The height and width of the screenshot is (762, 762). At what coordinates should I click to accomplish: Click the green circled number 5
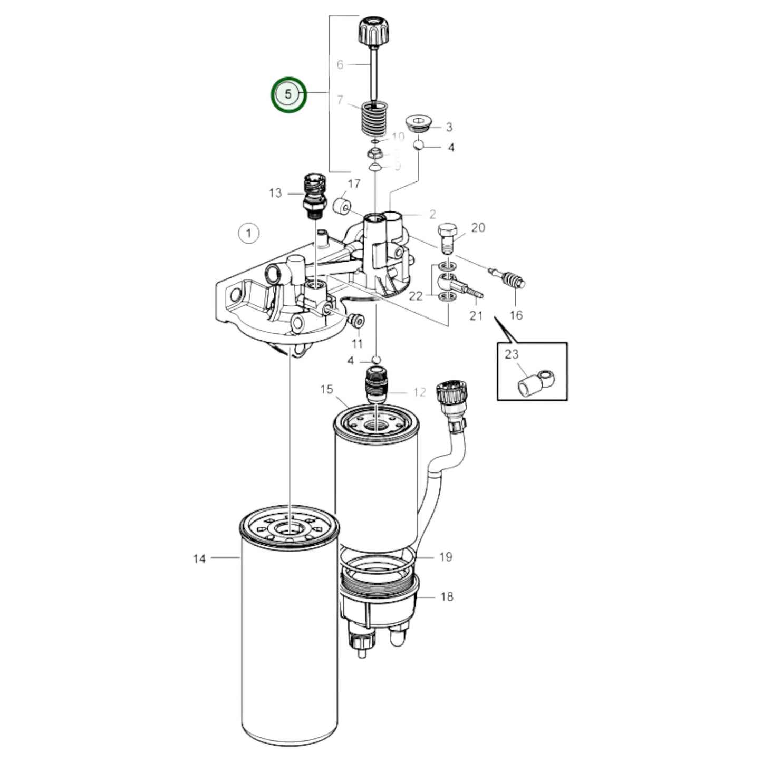(x=288, y=94)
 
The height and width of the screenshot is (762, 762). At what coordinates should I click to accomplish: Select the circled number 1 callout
(x=248, y=233)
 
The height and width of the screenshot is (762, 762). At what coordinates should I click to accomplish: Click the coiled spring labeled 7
(x=373, y=121)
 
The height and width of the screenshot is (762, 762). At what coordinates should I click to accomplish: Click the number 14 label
(x=199, y=558)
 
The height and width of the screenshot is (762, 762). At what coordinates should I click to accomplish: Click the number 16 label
(x=516, y=315)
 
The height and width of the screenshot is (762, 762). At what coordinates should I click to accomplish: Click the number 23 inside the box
(x=512, y=354)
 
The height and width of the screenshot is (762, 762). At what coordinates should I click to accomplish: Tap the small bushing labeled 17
(x=343, y=206)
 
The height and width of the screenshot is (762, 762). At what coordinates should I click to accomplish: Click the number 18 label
(x=446, y=596)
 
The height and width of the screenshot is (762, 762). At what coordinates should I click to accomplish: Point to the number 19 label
(x=446, y=556)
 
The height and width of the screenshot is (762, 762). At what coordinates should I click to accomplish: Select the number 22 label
(x=416, y=296)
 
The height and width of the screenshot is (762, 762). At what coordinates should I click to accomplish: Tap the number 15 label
(x=326, y=389)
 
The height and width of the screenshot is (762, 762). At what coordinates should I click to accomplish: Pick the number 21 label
(x=476, y=315)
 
